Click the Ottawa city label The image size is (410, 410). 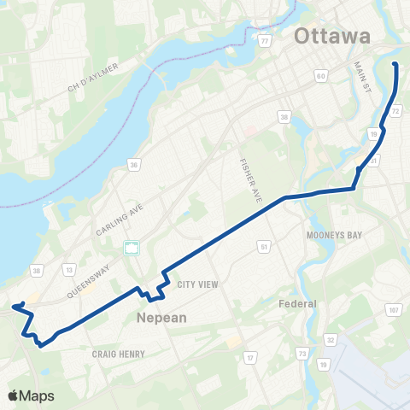tap(332, 37)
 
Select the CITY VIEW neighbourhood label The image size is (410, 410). tap(198, 285)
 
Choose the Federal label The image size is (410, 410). tap(298, 303)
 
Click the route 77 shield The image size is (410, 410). tap(266, 40)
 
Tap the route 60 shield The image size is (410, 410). tap(320, 77)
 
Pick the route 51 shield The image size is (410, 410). tap(264, 247)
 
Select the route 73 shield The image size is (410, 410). tap(302, 353)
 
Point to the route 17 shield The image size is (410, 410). tap(250, 357)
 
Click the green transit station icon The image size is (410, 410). tap(132, 249)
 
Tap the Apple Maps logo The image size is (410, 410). tap(31, 395)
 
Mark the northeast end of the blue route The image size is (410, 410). tap(395, 64)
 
